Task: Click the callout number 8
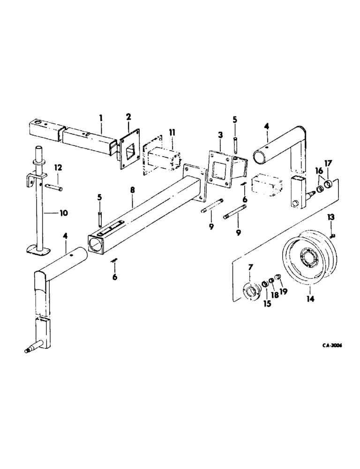pos(132,190)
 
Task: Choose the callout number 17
pos(328,164)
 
